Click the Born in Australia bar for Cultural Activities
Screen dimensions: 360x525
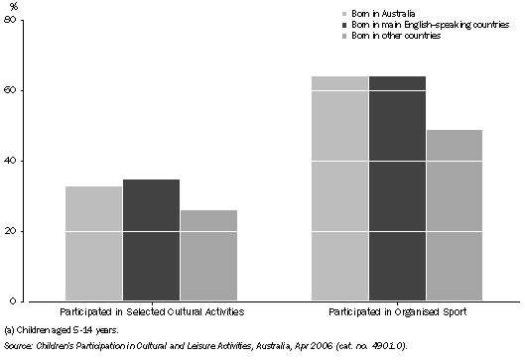pyautogui.click(x=93, y=243)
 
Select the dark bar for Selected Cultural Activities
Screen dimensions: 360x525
pyautogui.click(x=151, y=239)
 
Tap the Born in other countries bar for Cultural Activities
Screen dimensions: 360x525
pyautogui.click(x=208, y=255)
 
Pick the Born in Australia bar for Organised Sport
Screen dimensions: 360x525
pyautogui.click(x=339, y=188)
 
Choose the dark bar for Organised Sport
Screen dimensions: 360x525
pyautogui.click(x=397, y=188)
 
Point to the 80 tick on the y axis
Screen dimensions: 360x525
pyautogui.click(x=11, y=21)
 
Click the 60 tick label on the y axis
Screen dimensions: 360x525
pyautogui.click(x=11, y=90)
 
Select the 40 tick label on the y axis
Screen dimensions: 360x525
pyautogui.click(x=11, y=161)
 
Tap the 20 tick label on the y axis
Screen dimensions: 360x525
pyautogui.click(x=11, y=231)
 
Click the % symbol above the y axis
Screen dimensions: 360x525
pyautogui.click(x=12, y=7)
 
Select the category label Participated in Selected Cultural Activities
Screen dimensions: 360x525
pyautogui.click(x=151, y=311)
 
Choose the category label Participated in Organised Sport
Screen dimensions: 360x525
pyautogui.click(x=397, y=311)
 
